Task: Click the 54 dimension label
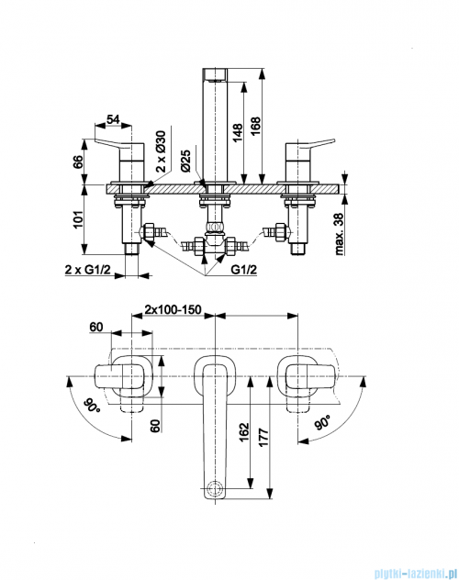point(113,119)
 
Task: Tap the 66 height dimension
point(78,162)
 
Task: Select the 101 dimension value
point(78,219)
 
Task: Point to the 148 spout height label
point(237,132)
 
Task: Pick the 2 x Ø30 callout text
point(162,151)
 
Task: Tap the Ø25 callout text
point(185,161)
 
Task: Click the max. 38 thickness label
point(339,234)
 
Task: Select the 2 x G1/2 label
point(87,270)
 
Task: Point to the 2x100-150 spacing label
point(173,309)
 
